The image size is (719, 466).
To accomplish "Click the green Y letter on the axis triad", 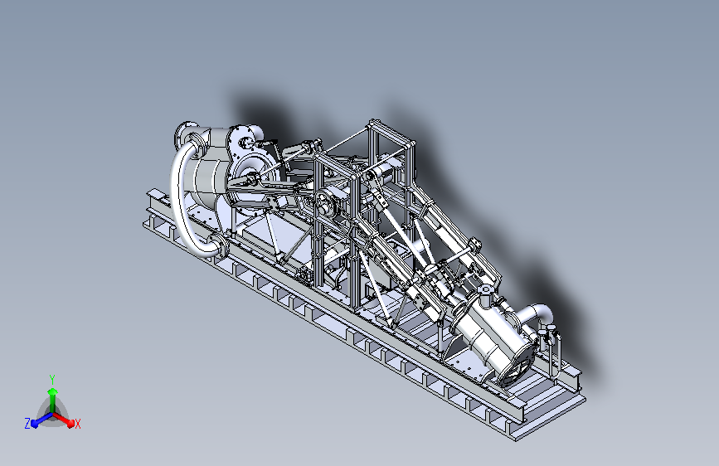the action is [52, 379].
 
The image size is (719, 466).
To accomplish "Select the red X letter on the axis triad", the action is [77, 425].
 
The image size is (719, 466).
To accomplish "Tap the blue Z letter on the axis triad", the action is [27, 424].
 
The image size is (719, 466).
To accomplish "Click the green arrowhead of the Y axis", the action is [53, 391].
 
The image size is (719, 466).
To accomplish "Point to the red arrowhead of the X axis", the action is [70, 423].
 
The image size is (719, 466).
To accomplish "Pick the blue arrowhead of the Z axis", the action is [35, 423].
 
